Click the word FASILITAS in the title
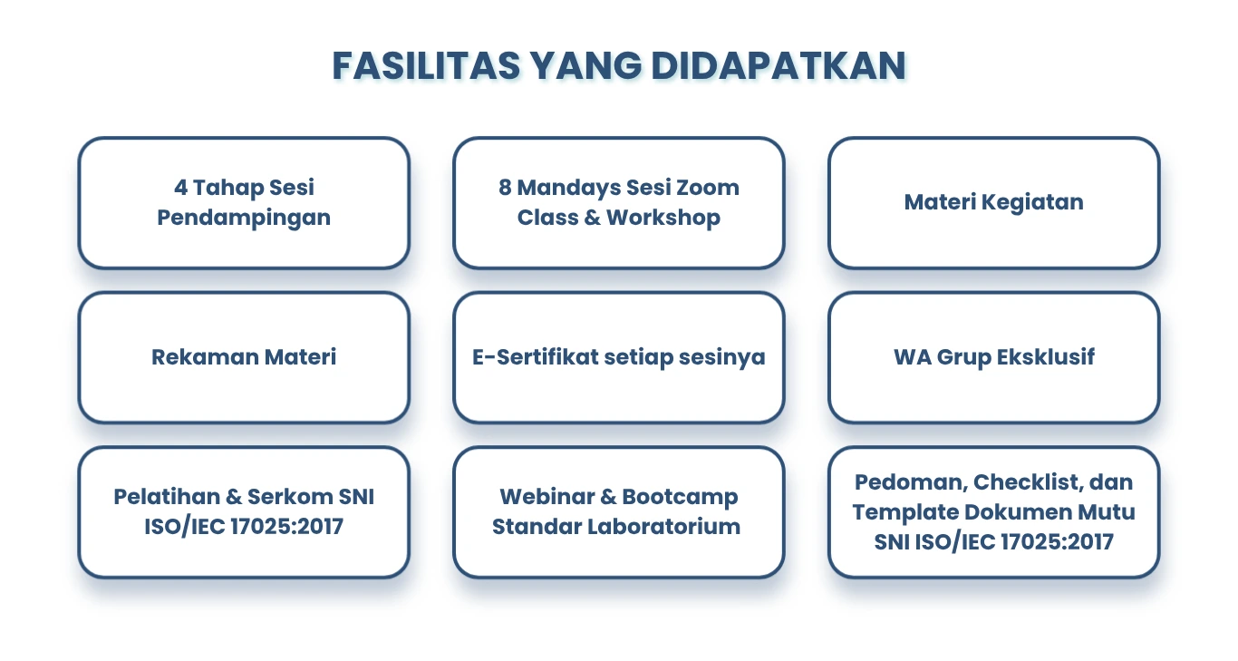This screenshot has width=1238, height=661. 426,66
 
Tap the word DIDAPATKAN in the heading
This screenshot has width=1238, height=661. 779,66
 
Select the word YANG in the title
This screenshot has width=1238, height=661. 585,66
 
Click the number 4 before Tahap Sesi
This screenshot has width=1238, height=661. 180,188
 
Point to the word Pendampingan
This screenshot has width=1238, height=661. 244,218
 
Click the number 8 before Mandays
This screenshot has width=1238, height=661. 505,188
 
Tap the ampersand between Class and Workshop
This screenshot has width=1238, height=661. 592,218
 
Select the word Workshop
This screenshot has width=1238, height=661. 663,218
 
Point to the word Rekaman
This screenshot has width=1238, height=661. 205,356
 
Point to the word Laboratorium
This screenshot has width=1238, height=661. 663,527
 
